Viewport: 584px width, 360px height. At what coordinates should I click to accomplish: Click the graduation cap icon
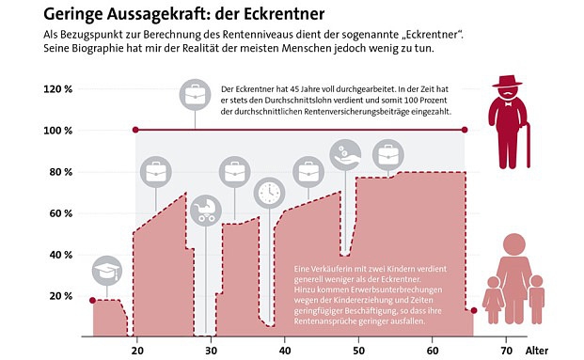point(107,272)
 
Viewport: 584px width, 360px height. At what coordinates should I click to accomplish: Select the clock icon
point(269,191)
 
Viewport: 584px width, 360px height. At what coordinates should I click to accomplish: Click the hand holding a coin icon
point(344,152)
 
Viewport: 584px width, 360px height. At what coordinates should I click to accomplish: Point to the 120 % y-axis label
point(58,89)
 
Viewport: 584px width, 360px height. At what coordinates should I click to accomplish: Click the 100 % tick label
point(58,130)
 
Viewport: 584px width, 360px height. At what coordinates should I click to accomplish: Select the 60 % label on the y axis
point(61,212)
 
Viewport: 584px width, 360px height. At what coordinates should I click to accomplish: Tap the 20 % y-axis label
point(61,295)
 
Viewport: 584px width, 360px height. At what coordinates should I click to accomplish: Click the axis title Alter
point(536,350)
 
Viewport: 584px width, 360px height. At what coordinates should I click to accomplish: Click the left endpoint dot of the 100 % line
point(136,130)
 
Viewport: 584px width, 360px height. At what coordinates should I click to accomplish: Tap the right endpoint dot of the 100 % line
point(466,130)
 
